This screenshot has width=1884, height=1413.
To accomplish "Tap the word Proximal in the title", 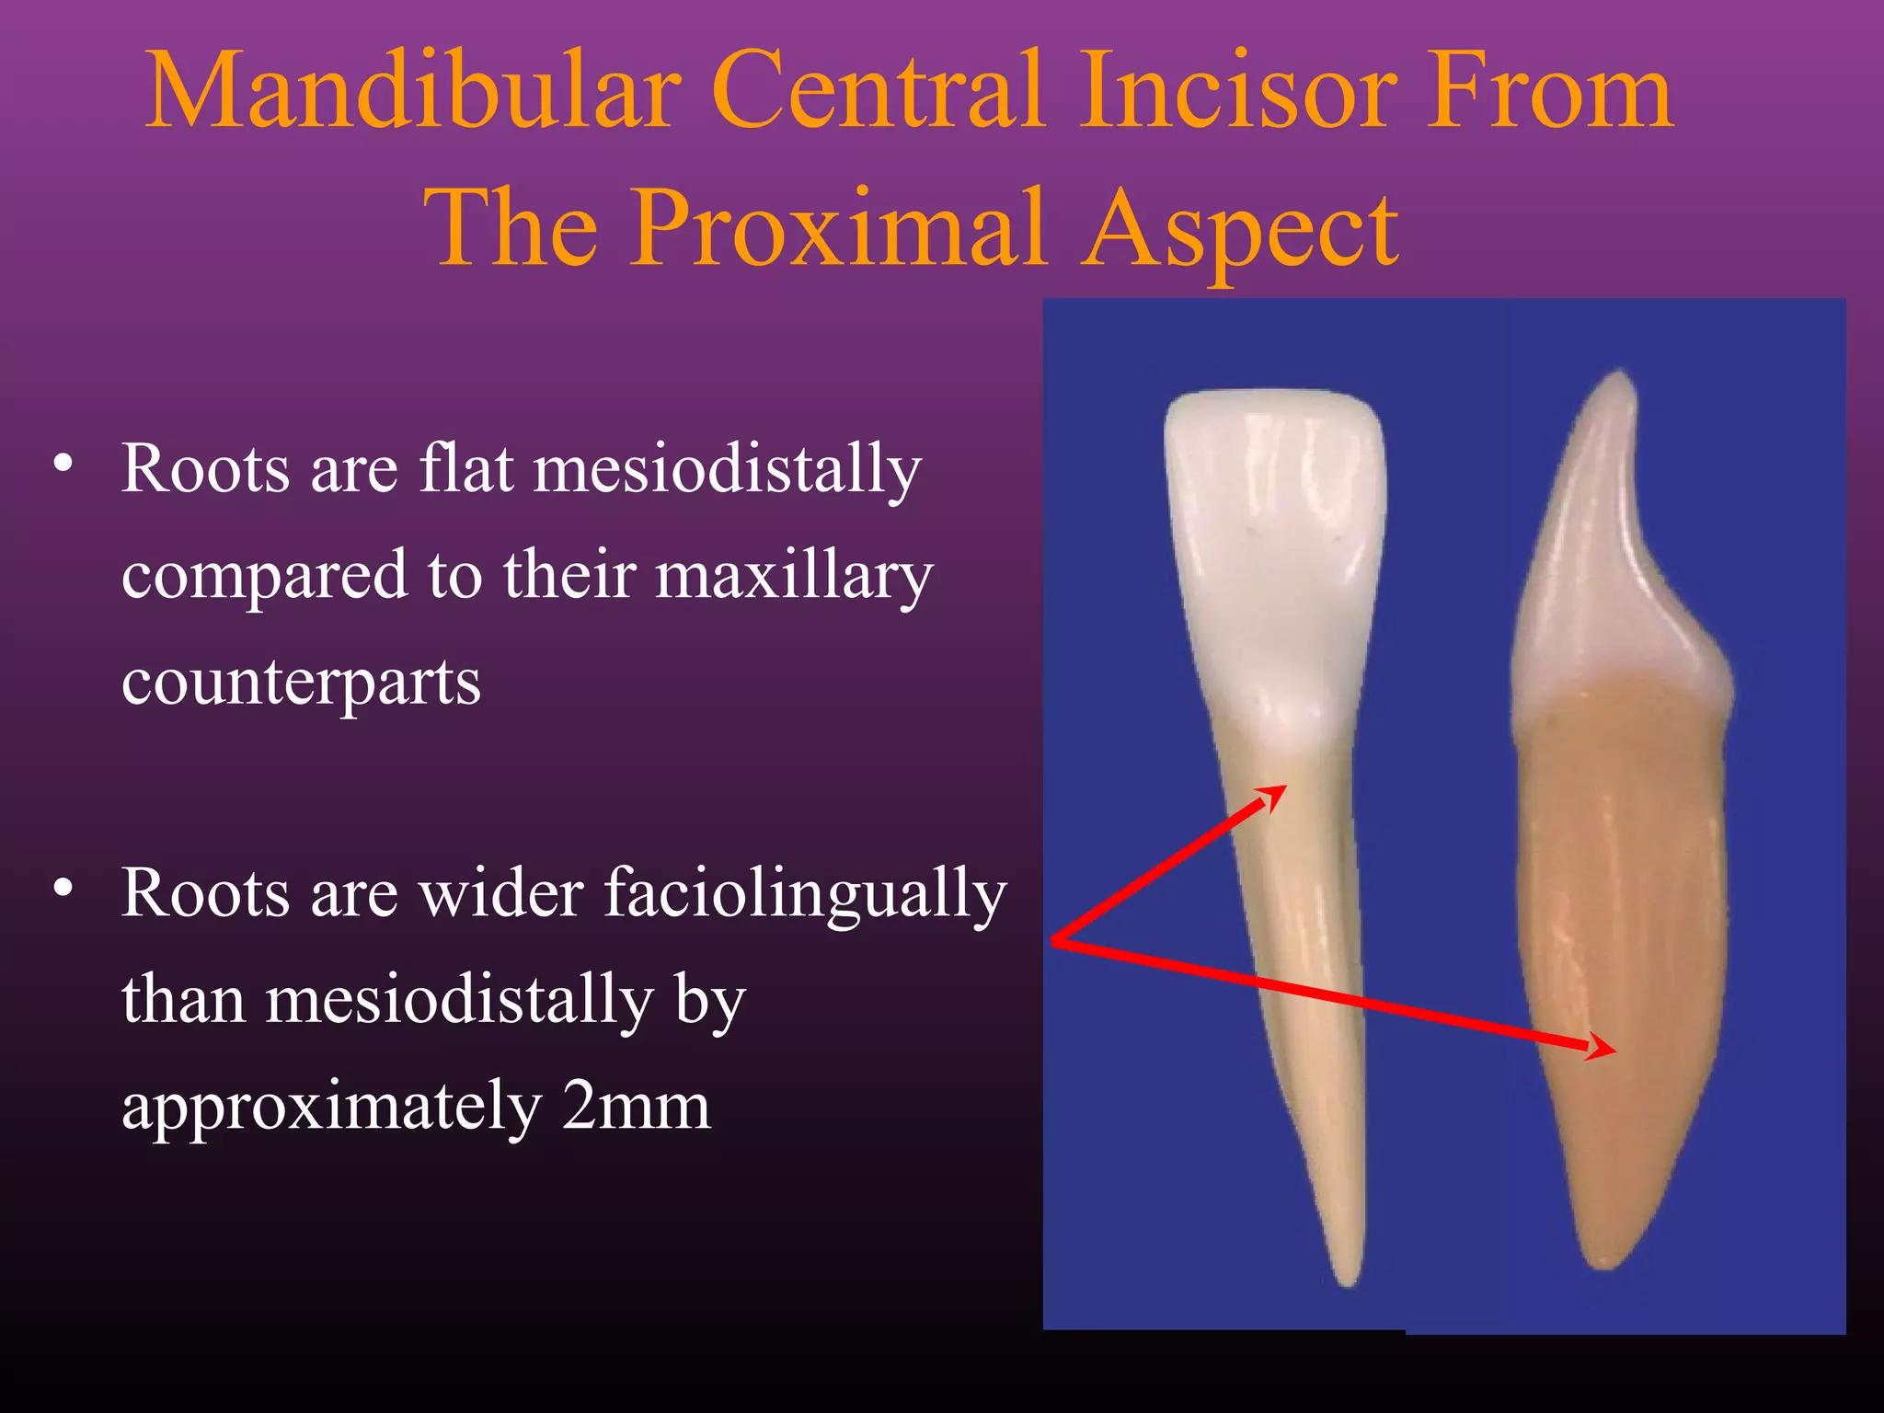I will point(837,228).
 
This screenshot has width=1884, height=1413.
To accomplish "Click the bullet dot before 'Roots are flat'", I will point(63,463).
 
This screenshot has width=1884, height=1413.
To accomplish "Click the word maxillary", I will point(794,576).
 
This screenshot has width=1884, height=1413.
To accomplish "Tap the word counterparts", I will point(301,683).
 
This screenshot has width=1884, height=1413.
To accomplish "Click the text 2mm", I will point(636,1106).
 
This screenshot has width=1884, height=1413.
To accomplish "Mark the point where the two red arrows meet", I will point(1054,941).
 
